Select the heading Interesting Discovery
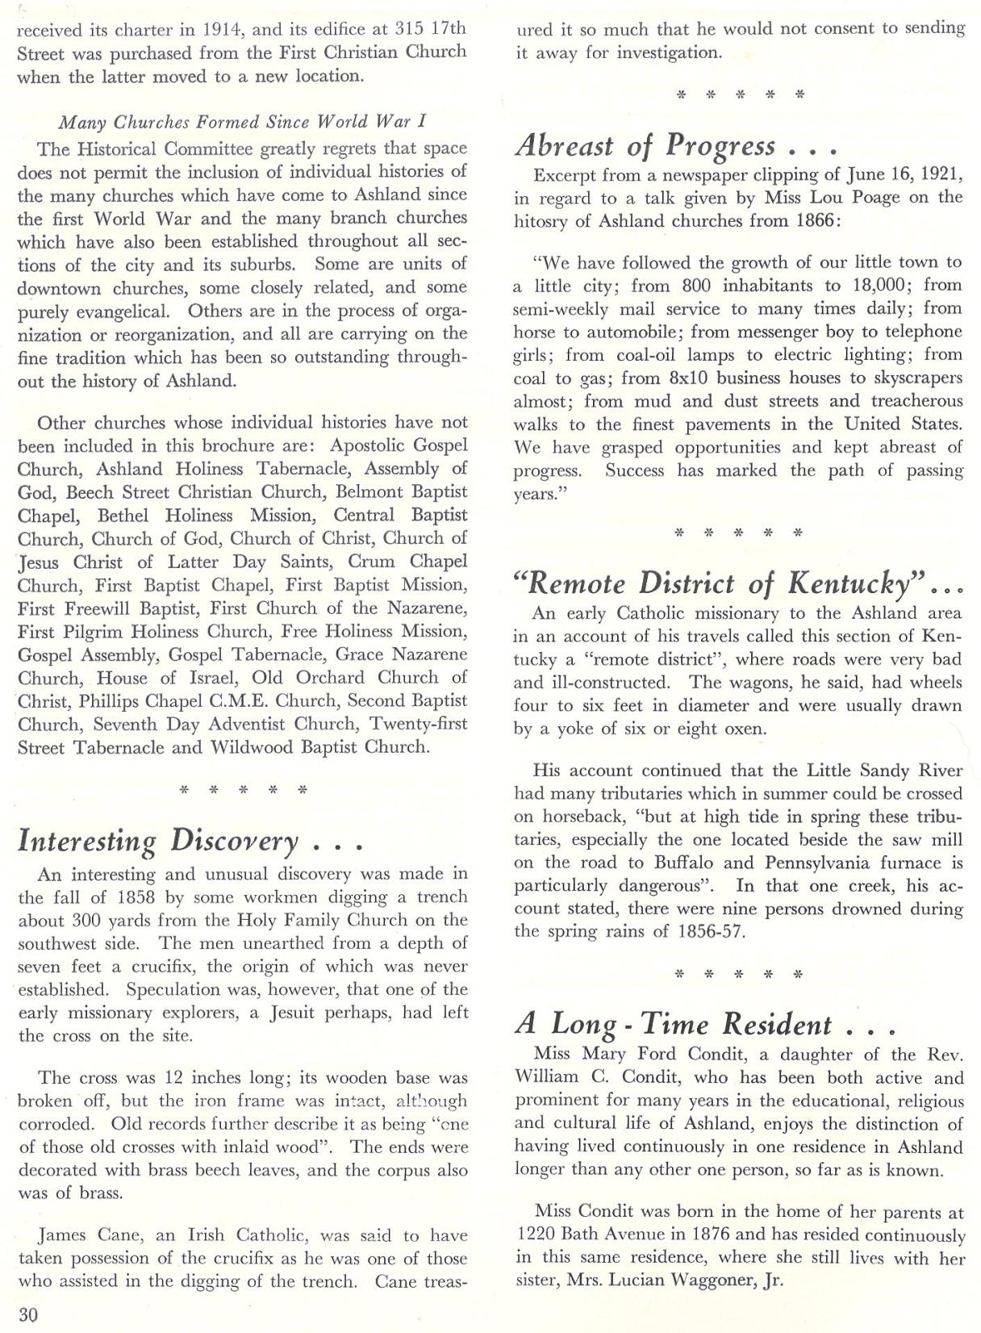190,841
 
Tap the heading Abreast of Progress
676,146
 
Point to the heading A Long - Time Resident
705,1024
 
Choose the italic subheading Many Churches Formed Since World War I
242,122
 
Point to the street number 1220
536,1235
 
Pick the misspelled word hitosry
542,221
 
